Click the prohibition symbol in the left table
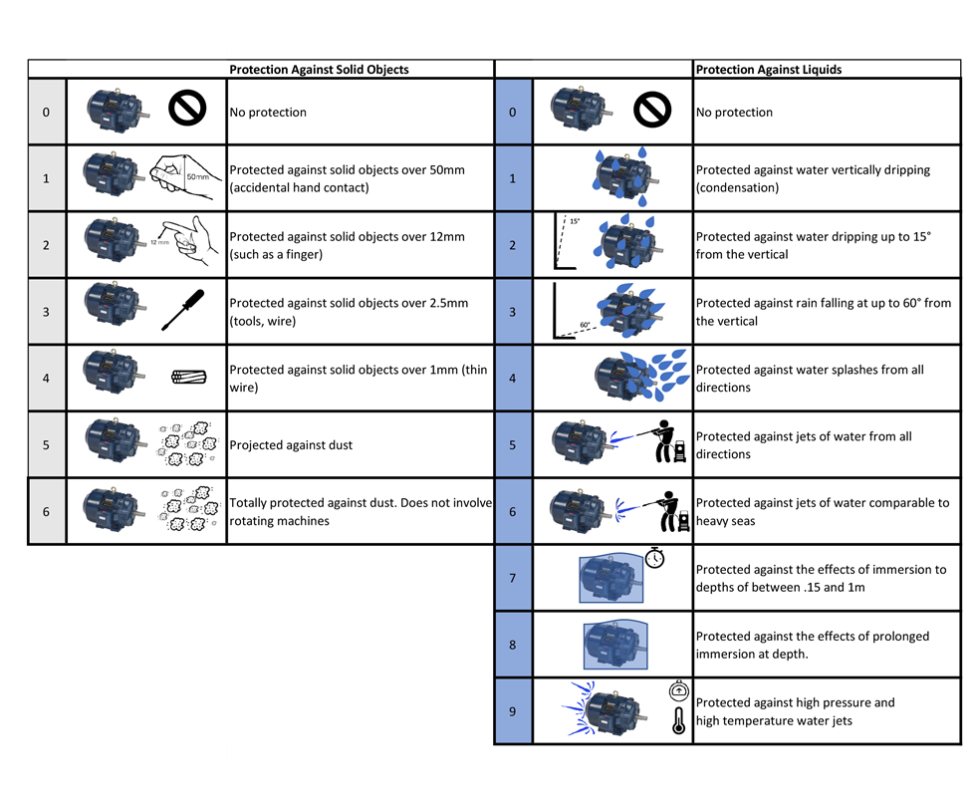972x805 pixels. [x=186, y=108]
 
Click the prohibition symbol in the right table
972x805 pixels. [x=653, y=108]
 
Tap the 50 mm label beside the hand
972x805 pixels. [x=197, y=176]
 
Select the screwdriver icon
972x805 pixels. [x=185, y=309]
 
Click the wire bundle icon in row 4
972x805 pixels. [x=187, y=378]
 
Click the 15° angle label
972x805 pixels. [x=576, y=221]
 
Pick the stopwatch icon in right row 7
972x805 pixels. [x=654, y=558]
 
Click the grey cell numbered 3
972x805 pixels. [x=46, y=312]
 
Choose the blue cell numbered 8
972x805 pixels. [x=513, y=645]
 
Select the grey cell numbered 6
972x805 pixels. [x=46, y=511]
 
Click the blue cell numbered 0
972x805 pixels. [x=513, y=112]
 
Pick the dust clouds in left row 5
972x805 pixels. [x=189, y=442]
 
